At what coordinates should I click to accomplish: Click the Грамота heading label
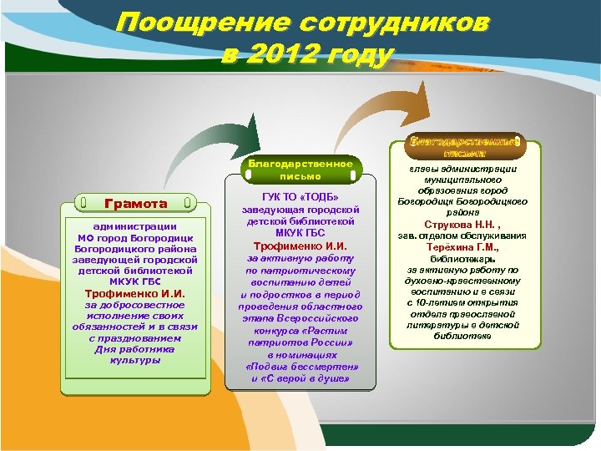(x=135, y=203)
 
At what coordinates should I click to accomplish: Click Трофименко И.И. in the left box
(x=135, y=294)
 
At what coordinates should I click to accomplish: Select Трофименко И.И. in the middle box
(x=300, y=246)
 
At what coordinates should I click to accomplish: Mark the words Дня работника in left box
(x=135, y=349)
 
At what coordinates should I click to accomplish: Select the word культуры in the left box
(x=135, y=360)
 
